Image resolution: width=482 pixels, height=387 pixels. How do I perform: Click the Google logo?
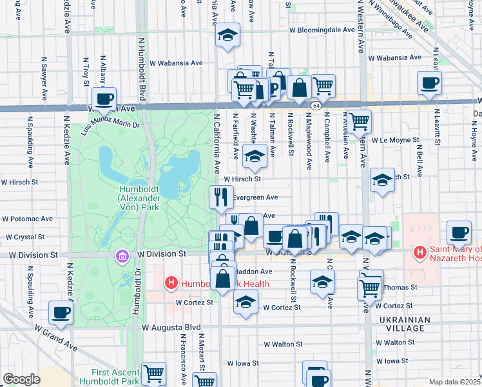pos(22,379)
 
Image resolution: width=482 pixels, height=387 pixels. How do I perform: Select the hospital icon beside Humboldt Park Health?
pos(171,283)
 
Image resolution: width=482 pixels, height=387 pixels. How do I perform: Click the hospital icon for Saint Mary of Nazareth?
pos(419,251)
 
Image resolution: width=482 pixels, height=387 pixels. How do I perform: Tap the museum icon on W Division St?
pos(122,257)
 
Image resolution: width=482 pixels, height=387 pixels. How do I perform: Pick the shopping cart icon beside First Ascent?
pos(153,373)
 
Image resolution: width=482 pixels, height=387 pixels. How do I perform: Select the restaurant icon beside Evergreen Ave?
pos(221,196)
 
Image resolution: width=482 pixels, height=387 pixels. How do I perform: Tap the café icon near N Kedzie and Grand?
pos(61,312)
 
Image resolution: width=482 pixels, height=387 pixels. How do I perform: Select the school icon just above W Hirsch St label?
pos(255,155)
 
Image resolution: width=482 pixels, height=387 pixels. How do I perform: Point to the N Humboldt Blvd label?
pos(140,71)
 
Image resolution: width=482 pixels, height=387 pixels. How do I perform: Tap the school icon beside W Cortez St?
pos(246,301)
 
